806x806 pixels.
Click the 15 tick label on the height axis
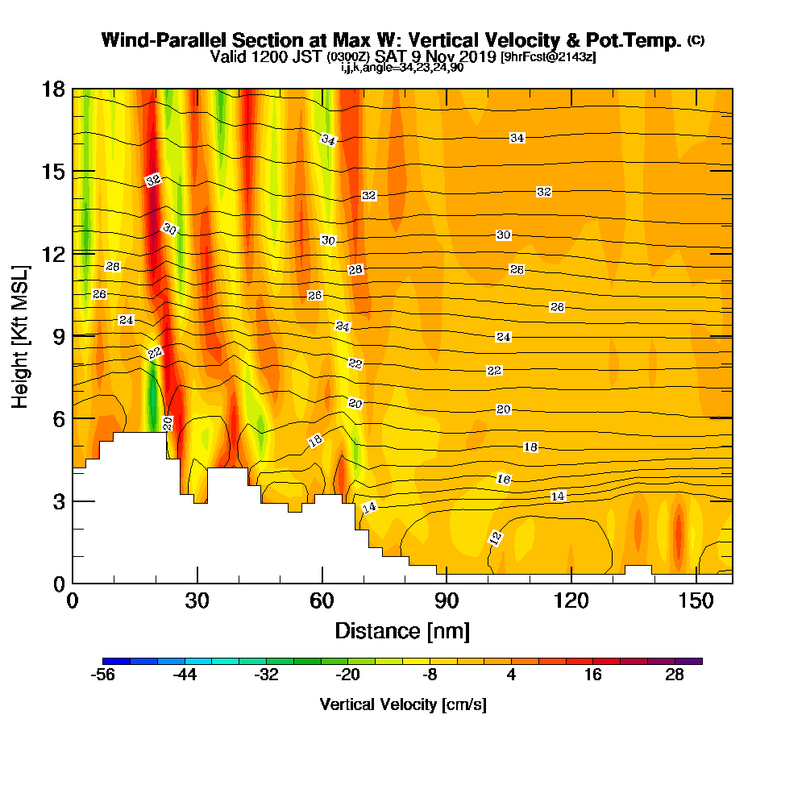point(53,172)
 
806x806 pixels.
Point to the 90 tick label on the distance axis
point(447,600)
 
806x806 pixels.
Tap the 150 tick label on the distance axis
point(696,600)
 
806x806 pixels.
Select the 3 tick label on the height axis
point(59,501)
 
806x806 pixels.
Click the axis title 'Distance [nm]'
point(402,631)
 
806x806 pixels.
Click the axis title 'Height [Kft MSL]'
point(20,337)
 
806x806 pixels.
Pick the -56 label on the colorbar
point(102,675)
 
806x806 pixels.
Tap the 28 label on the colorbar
point(675,675)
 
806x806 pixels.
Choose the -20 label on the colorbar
point(347,675)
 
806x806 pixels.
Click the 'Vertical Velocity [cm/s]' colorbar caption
point(403,704)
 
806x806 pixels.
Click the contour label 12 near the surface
point(496,538)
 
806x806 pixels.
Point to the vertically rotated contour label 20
point(168,424)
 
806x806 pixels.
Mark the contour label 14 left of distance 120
point(558,496)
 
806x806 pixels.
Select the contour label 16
point(504,479)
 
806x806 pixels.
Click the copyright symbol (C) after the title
point(696,40)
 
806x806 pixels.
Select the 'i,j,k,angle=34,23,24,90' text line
point(402,68)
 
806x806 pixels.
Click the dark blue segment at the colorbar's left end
point(116,661)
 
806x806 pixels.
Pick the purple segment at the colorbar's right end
point(689,661)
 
